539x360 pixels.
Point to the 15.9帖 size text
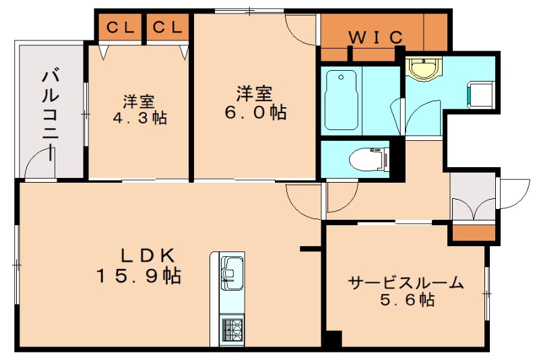[x=137, y=276]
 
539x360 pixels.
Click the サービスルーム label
[x=406, y=283]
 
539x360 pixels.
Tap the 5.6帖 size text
[x=406, y=301]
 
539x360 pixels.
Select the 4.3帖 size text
[x=139, y=118]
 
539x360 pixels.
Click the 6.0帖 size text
[x=255, y=112]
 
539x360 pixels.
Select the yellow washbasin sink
[x=424, y=69]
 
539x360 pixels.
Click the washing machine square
[x=482, y=94]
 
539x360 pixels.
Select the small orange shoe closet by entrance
[x=473, y=233]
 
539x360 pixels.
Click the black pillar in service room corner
[x=331, y=339]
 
